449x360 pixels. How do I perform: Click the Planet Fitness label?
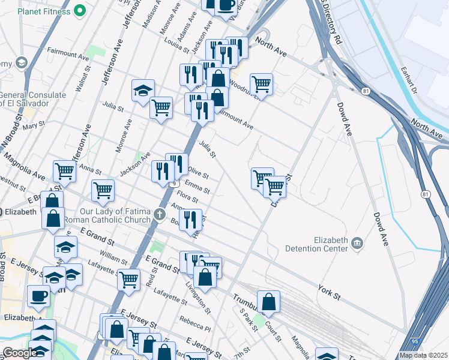coord(44,11)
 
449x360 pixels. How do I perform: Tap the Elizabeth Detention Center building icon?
coord(358,242)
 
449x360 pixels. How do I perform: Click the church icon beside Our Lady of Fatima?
coord(160,214)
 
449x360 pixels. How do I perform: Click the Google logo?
coord(20,353)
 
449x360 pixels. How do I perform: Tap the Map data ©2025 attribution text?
coord(423,355)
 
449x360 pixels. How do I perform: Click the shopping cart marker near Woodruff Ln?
coord(261,83)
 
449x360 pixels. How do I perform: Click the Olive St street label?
coord(198,173)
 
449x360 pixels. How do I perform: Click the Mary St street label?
coord(34,125)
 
